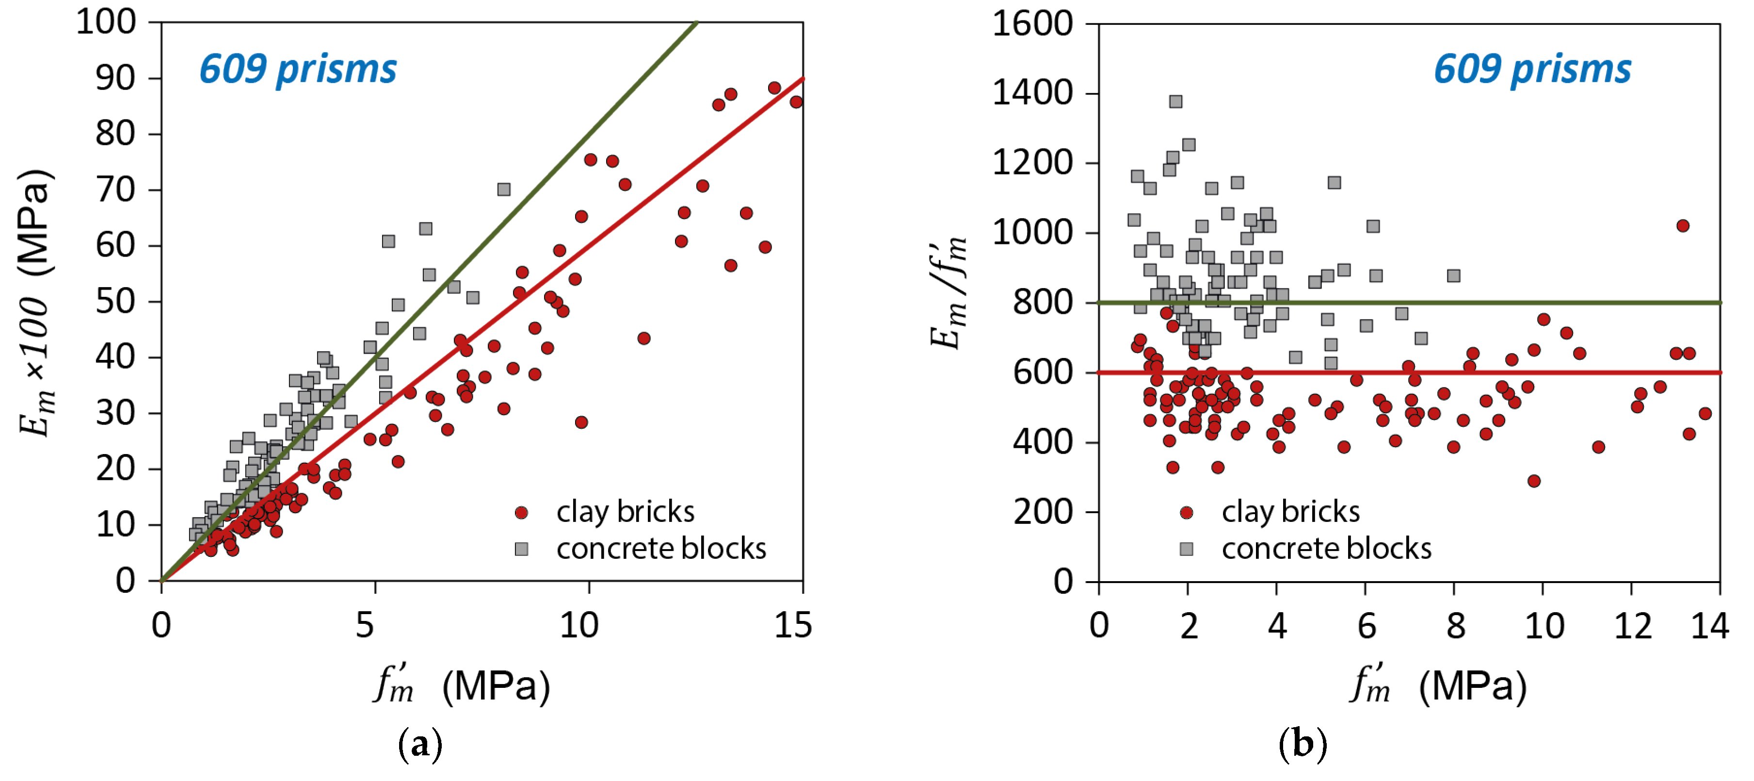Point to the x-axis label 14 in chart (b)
tap(1709, 625)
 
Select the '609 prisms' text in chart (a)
tap(298, 69)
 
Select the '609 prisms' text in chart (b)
tap(1532, 69)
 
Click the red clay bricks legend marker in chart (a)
tap(522, 513)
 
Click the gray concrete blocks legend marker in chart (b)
tap(1186, 549)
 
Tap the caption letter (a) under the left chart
tap(420, 744)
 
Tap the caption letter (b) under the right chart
tap(1303, 744)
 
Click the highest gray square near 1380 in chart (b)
tap(1176, 101)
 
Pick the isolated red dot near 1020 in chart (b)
tap(1683, 226)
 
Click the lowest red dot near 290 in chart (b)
tap(1534, 481)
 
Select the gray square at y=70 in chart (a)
tap(504, 189)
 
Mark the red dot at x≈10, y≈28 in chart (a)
tap(581, 422)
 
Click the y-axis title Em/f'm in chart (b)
tap(948, 293)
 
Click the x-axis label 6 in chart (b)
tap(1366, 625)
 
